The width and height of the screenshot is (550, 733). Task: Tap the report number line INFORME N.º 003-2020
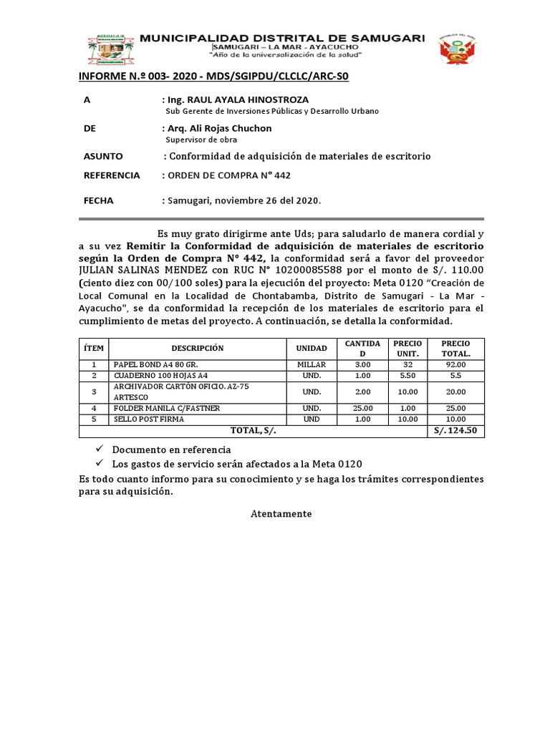pyautogui.click(x=213, y=77)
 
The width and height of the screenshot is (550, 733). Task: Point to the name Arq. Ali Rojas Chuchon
pyautogui.click(x=219, y=128)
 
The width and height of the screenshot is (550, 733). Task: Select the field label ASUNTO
pyautogui.click(x=103, y=156)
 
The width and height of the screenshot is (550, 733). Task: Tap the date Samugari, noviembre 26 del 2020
pyautogui.click(x=244, y=201)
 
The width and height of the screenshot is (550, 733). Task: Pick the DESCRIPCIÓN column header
pyautogui.click(x=197, y=348)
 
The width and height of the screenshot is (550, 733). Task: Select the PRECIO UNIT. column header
pyautogui.click(x=409, y=348)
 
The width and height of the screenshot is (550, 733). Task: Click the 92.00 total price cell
pyautogui.click(x=455, y=364)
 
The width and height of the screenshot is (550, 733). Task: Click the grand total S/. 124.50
pyautogui.click(x=455, y=431)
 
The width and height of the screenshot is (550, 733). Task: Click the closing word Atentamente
pyautogui.click(x=281, y=514)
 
